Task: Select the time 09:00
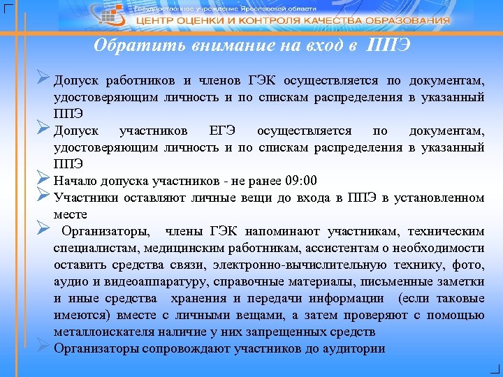[301, 180]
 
